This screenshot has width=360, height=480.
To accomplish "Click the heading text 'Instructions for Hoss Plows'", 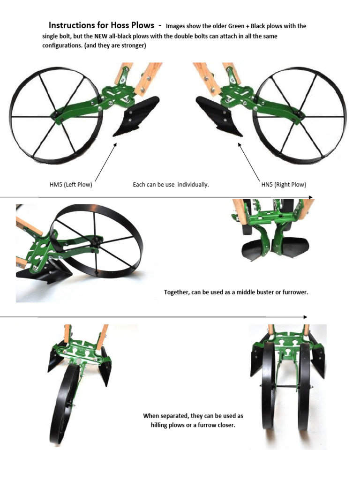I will click(101, 25).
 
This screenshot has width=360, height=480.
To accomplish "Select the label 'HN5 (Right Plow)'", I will click(284, 185).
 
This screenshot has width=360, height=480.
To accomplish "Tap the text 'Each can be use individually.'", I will click(171, 185).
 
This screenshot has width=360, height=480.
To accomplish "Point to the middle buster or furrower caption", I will click(236, 292).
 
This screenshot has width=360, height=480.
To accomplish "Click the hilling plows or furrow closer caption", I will click(193, 420).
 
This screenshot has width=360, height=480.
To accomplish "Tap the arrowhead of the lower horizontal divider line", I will click(305, 317).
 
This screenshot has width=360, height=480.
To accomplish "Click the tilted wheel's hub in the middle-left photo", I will click(97, 242).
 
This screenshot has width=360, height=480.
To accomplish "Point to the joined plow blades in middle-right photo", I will click(274, 248).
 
